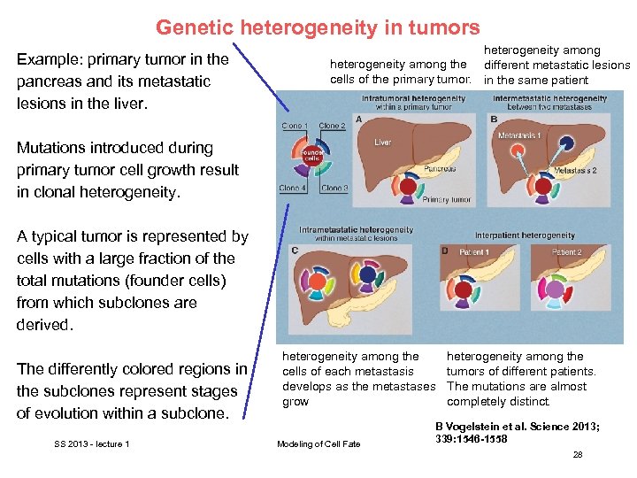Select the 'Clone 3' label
(x=334, y=188)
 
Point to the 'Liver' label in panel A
(x=382, y=143)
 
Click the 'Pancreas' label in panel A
(x=415, y=167)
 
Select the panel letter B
(x=494, y=119)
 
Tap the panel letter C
(x=295, y=251)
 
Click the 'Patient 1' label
(x=474, y=253)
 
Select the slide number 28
(x=578, y=454)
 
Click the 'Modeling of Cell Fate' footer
(x=318, y=443)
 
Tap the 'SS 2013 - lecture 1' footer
(x=91, y=443)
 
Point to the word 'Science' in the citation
(x=536, y=427)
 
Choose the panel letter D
(x=445, y=251)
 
